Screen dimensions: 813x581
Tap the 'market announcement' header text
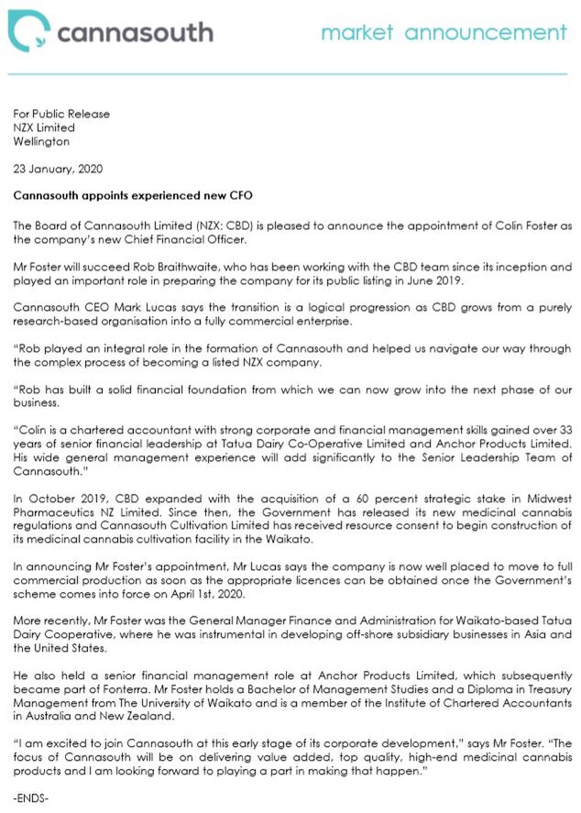pos(444,33)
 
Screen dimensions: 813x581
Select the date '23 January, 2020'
pos(58,169)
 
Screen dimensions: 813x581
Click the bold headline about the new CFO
pos(132,195)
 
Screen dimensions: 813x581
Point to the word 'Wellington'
pos(40,142)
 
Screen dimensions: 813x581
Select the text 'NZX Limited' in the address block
pos(44,128)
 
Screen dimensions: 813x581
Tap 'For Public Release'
pos(61,115)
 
